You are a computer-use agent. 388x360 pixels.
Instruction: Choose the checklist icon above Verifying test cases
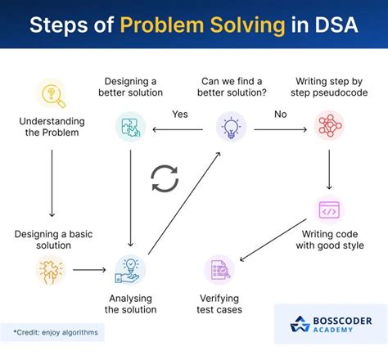coord(219,269)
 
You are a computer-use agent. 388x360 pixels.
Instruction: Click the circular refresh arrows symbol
coord(165,179)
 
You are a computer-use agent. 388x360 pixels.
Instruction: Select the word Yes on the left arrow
coord(180,115)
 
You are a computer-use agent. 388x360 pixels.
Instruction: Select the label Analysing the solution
coord(131,304)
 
